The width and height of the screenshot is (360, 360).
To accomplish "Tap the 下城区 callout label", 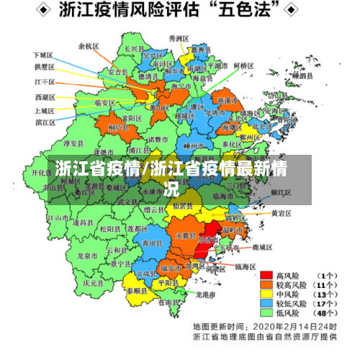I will coord(42,55).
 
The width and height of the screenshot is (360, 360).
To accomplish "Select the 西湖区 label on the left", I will coord(44,96).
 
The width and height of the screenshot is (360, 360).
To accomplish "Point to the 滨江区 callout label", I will coord(44,122).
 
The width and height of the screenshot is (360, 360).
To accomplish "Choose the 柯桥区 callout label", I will coord(243,66).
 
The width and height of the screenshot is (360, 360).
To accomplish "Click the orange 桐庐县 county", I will coord(117,127).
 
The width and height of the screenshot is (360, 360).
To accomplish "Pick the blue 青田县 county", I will coord(153,243).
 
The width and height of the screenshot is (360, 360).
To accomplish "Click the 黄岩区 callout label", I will coord(281,213).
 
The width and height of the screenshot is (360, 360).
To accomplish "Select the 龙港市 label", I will coord(207,295).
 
